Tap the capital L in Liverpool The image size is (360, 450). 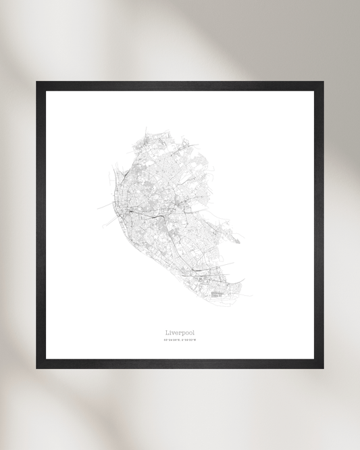(166, 332)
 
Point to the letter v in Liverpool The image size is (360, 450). (173, 332)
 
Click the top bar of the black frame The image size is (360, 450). (180, 86)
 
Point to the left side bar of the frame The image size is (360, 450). (41, 225)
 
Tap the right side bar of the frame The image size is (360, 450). (319, 225)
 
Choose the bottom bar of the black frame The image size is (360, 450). (180, 364)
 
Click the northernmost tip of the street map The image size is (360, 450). (145, 126)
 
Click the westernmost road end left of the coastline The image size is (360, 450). (99, 205)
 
